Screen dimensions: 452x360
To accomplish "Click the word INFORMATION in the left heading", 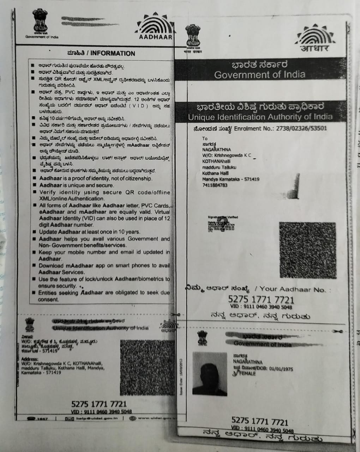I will coord(113,54).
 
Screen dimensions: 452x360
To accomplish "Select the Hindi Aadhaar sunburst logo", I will coord(314,40).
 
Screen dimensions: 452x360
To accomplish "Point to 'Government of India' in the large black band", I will coord(260,75).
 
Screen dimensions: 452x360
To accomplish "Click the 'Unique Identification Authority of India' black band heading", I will coord(260,117).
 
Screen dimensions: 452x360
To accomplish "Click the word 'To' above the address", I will coord(205,138).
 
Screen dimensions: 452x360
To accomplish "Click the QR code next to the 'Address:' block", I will coord(147,367).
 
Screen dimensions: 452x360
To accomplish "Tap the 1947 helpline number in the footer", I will coord(42,419).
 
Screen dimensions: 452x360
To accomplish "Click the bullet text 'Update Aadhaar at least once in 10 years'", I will coord(90,232).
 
